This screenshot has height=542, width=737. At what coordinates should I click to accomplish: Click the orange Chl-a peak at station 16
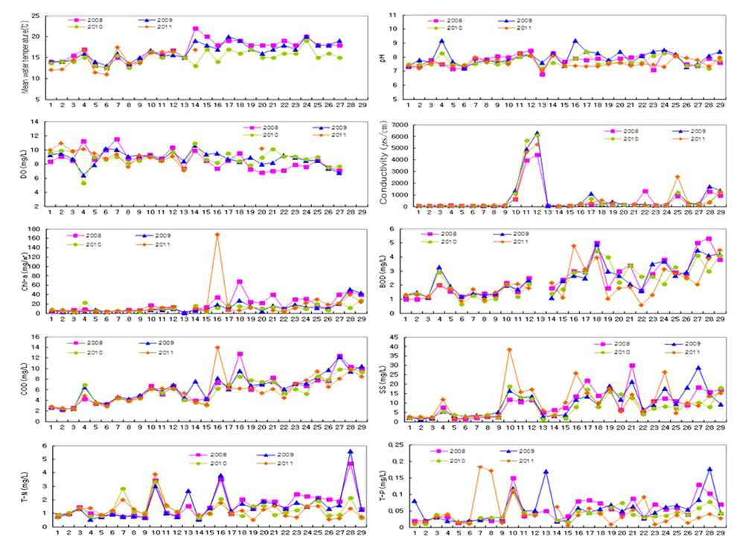point(217,235)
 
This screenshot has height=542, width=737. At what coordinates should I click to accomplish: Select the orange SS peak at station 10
point(508,350)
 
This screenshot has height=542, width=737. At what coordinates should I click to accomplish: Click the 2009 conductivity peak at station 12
point(537,133)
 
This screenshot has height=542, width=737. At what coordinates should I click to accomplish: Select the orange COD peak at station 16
point(217,348)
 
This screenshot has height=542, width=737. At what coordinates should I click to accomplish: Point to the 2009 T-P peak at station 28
point(709,469)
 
